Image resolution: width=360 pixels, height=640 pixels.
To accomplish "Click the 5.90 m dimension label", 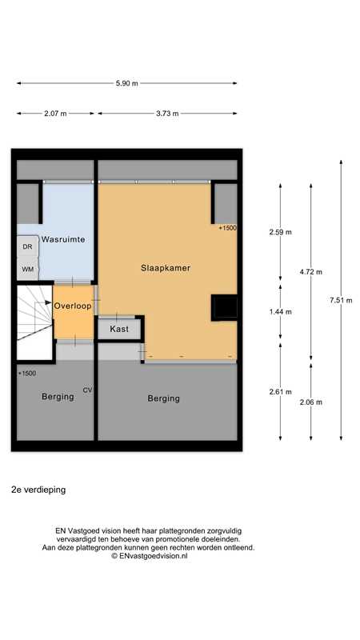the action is [127, 83].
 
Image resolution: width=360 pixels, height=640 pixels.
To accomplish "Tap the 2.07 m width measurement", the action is [55, 114].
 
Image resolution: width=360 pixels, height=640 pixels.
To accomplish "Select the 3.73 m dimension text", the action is [167, 114].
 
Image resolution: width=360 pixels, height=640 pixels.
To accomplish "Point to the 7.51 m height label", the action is [341, 301].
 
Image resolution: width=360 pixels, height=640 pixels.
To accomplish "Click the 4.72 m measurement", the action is [310, 271].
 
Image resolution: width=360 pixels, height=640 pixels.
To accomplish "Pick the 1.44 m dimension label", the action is [281, 312].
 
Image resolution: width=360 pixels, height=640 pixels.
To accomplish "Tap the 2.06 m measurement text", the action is [310, 402].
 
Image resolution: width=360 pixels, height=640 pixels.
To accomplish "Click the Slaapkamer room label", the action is [166, 268].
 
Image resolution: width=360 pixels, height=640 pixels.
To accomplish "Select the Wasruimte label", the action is [62, 239].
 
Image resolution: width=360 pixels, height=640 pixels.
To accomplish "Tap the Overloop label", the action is [73, 306].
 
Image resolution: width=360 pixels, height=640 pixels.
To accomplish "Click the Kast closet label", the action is [119, 329].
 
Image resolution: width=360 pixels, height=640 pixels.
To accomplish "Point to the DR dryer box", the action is [27, 246].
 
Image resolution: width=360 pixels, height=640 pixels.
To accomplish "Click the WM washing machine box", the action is [27, 269].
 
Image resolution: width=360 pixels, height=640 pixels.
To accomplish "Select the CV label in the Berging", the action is [88, 390].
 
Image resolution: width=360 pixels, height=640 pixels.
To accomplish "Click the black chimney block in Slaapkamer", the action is [224, 308].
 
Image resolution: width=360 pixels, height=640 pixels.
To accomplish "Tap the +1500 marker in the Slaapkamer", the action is [227, 229].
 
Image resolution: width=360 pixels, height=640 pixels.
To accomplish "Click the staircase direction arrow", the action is [43, 303].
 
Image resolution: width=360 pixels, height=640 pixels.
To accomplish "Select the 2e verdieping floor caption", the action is [38, 490].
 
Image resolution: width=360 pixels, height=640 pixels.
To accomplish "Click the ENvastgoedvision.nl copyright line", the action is [150, 555].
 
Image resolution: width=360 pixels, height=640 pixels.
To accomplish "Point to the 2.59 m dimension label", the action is [281, 232].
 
